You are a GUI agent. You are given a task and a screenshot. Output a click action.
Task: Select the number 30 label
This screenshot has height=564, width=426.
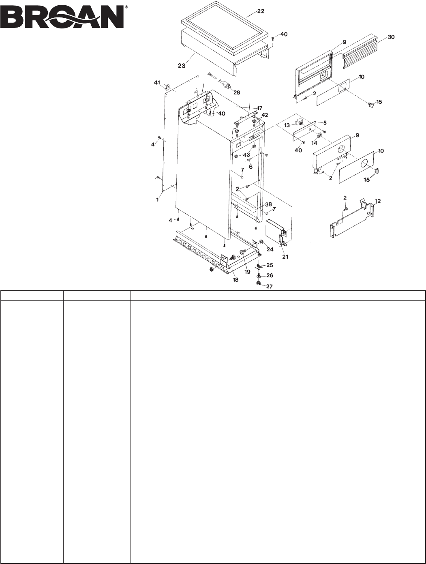click(391, 36)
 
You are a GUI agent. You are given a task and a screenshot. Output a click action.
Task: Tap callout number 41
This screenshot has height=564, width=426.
click(157, 83)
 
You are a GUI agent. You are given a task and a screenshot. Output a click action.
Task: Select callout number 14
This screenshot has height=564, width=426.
click(314, 143)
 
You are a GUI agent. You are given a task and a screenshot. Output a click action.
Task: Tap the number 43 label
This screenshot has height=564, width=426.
click(246, 155)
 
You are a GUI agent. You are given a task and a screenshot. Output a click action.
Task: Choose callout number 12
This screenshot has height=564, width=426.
click(378, 201)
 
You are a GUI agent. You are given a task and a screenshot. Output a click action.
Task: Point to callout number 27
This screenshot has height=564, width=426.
click(270, 286)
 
